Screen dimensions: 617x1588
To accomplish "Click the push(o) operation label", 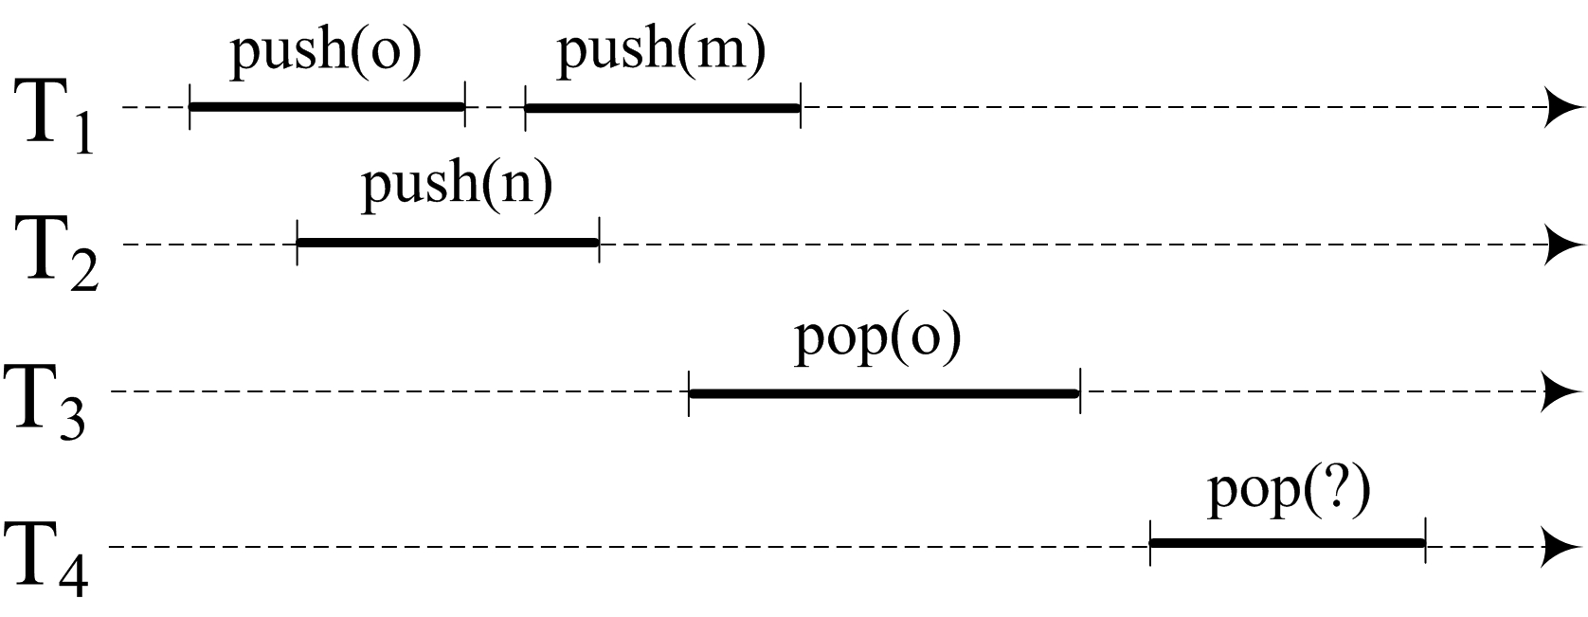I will (326, 51).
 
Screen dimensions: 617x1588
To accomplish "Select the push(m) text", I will (660, 51).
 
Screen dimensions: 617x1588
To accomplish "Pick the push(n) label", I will (457, 184).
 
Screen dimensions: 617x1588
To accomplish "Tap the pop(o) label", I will (877, 337).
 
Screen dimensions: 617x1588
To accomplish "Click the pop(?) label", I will (1289, 493).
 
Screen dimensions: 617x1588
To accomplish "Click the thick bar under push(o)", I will (327, 107).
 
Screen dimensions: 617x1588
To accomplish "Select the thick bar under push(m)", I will (662, 107).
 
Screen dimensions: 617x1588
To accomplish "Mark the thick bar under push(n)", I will (447, 244).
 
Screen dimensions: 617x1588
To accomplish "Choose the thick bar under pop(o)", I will (884, 392).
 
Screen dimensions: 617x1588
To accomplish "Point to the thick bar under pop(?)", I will (1287, 543).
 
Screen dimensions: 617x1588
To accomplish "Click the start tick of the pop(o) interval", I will (689, 392).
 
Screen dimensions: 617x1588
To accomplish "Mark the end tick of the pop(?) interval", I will (1425, 543).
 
